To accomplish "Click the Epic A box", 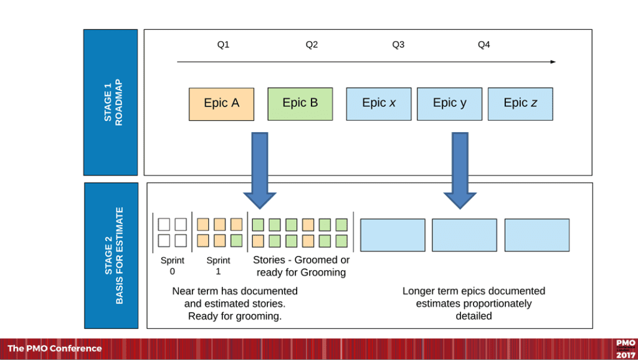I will [221, 103].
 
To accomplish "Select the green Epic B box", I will [300, 103].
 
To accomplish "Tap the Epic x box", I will [379, 103].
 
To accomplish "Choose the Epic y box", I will [449, 103].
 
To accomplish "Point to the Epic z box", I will [520, 103].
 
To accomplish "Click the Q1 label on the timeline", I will [223, 45].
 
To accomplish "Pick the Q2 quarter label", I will [312, 45].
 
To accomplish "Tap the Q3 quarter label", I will [398, 45].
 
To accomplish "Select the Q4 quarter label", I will [484, 45].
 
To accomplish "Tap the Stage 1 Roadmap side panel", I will [110, 102].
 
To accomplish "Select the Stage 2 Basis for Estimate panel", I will [110, 255].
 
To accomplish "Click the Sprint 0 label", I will [172, 266].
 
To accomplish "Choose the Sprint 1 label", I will [218, 266].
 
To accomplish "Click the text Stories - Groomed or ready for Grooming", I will [301, 266].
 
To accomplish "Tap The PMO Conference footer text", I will [54, 349].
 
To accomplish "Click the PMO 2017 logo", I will [625, 349].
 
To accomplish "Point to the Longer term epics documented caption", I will [474, 303].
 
